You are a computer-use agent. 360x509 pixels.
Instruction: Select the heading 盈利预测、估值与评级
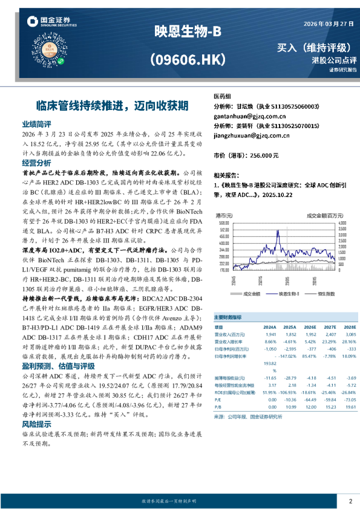[x=58, y=366]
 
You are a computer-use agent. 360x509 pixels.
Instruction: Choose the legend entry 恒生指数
[x=327, y=293]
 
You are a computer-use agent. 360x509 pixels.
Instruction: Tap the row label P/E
[x=219, y=399]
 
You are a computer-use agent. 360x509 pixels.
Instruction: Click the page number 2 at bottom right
[x=350, y=501]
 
